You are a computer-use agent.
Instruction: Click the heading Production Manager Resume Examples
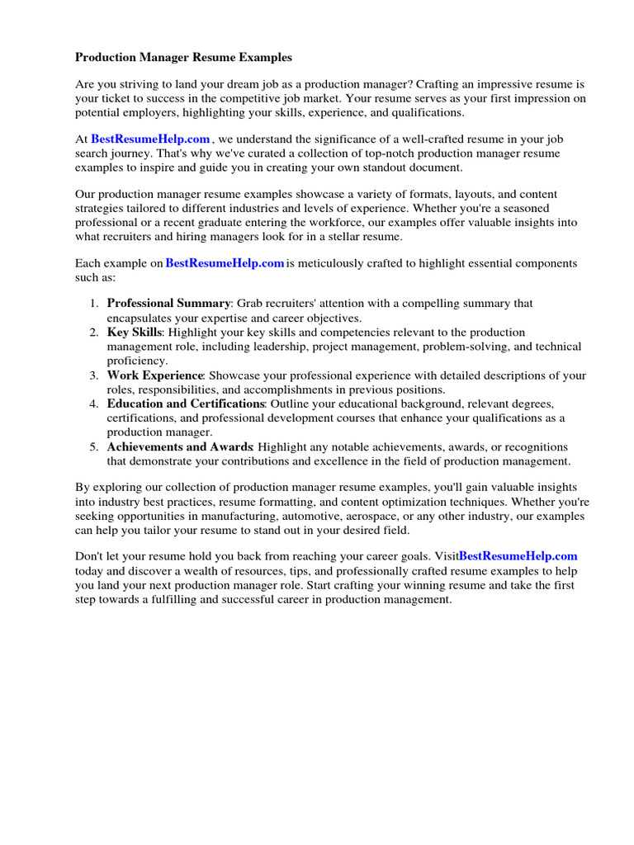[183, 58]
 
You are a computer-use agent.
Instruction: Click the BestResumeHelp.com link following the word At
[150, 139]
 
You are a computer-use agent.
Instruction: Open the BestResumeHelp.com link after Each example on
[225, 263]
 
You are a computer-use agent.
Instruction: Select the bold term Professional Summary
[168, 304]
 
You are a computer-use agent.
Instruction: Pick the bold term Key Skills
[135, 333]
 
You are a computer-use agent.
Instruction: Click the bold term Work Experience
[154, 375]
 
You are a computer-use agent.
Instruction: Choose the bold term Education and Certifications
[186, 404]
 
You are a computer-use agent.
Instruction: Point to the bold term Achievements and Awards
[179, 447]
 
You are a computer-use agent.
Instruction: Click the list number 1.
[93, 304]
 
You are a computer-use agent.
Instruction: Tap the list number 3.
[93, 375]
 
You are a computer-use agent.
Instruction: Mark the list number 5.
[93, 447]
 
